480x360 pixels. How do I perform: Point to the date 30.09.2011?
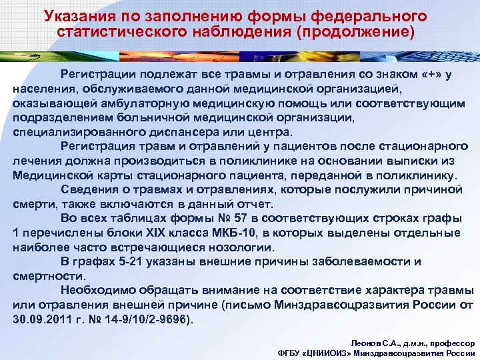(x=41, y=319)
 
